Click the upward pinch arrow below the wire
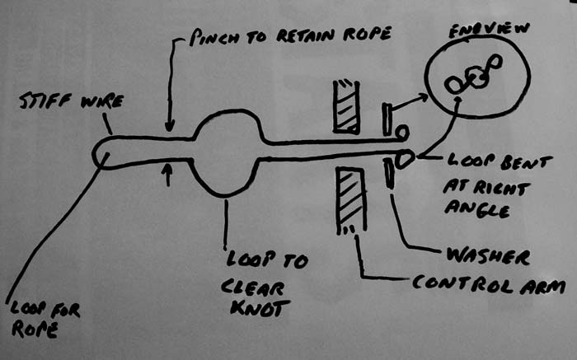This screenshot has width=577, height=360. (x=168, y=172)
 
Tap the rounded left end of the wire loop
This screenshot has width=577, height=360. (x=99, y=153)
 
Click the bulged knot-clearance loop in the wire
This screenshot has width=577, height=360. (x=227, y=152)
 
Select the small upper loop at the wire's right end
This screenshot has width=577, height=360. (x=401, y=131)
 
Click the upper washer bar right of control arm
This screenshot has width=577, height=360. (x=385, y=119)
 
